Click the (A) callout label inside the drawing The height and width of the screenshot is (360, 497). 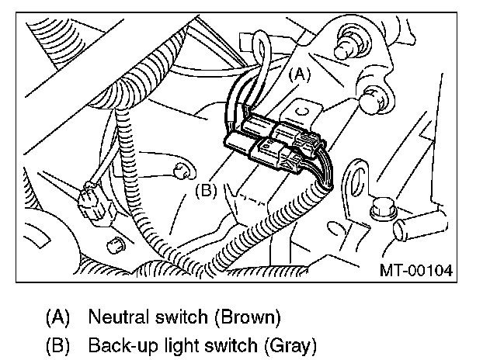300,75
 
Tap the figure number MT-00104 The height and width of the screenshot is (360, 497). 415,272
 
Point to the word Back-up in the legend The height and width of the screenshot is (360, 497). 119,343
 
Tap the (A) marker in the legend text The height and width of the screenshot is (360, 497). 59,317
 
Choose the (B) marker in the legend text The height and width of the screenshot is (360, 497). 59,343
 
